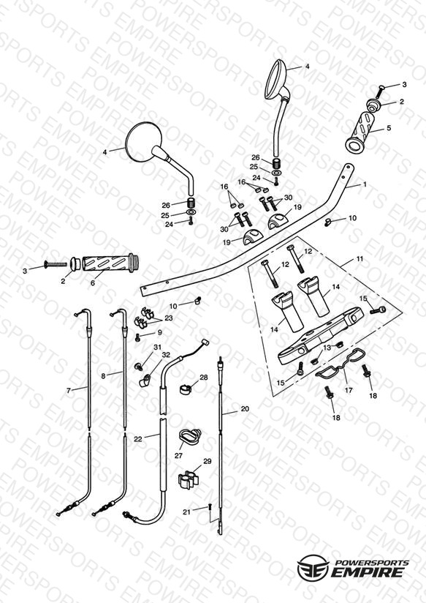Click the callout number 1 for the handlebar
coord(365,184)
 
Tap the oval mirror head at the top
coord(276,79)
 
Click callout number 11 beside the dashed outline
coord(360,259)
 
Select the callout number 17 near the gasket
coord(349,390)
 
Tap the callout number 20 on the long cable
coord(245,409)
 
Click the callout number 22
coord(138,439)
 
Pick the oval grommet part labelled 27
coord(190,438)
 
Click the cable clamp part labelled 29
coord(188,479)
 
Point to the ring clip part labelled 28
coord(186,389)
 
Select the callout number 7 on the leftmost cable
coord(69,391)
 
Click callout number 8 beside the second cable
coord(103,376)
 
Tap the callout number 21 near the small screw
coord(186,512)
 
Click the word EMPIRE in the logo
coord(367,572)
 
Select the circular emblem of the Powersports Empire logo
coord(313,567)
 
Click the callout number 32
coord(166,355)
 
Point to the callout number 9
coord(160,333)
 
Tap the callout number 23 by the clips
coord(169,318)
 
